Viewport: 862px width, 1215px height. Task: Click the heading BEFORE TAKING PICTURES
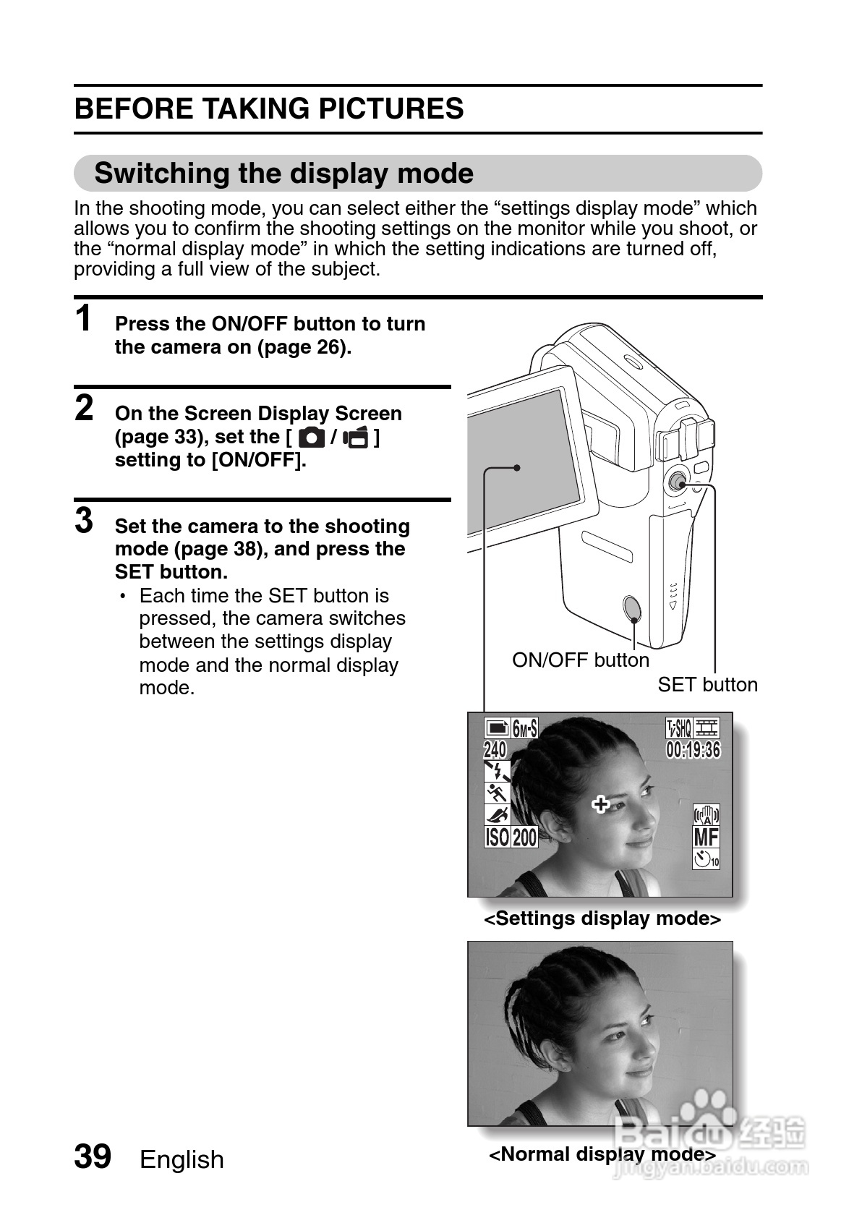coord(269,108)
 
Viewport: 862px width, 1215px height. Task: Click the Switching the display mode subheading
coord(283,174)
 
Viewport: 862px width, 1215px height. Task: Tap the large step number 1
coord(84,319)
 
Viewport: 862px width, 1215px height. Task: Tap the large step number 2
coord(85,408)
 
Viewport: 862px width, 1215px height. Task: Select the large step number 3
coord(85,520)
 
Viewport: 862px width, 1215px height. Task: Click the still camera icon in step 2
coord(311,438)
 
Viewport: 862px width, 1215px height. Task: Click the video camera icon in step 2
coord(356,438)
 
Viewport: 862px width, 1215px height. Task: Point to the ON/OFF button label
coord(580,660)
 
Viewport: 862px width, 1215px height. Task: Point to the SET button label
coord(707,685)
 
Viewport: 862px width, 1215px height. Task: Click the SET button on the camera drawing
coord(678,482)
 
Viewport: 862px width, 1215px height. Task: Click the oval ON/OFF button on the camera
coord(631,609)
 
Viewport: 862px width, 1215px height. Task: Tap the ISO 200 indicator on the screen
coord(511,837)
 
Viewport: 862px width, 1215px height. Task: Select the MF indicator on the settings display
coord(706,837)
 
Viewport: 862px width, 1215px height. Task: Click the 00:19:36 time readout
coord(693,750)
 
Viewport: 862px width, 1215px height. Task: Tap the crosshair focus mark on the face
coord(600,804)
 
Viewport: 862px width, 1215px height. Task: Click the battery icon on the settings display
coord(497,728)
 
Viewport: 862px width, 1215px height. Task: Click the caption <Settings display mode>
coord(602,918)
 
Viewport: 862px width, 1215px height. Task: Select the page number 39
coord(93,1156)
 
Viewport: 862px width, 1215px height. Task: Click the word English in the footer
coord(182,1159)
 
